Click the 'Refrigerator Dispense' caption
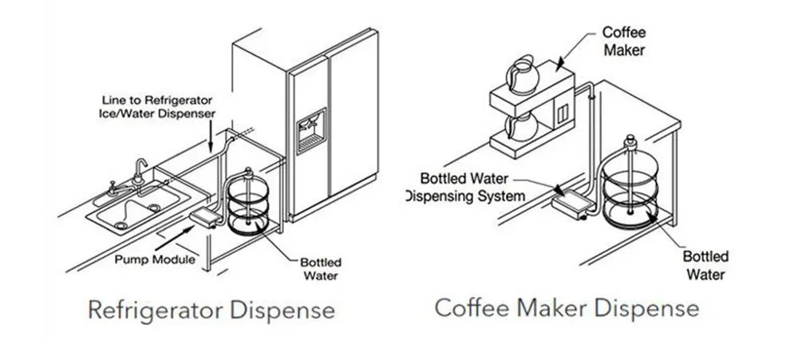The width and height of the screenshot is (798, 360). pos(211,309)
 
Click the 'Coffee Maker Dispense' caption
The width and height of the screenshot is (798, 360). pos(567,307)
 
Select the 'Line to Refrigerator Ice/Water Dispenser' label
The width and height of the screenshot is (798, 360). pos(159,107)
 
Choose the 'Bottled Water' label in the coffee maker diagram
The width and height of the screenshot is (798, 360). pos(705,265)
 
